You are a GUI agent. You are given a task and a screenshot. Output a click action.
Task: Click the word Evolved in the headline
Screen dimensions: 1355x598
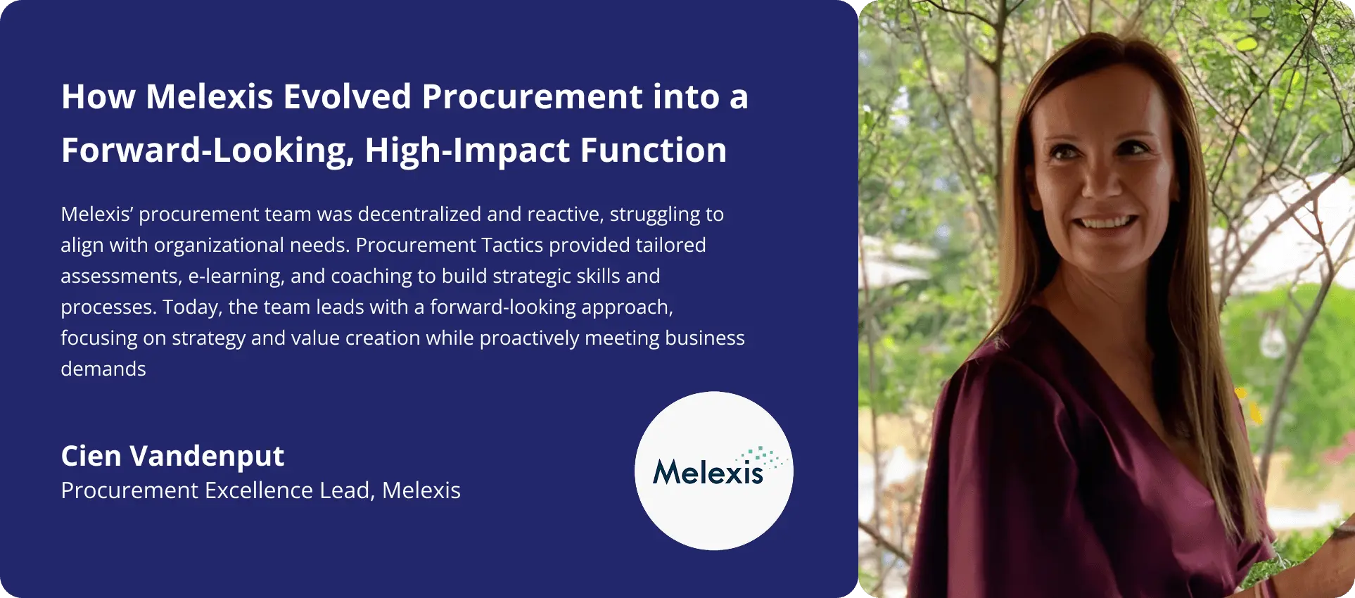click(347, 96)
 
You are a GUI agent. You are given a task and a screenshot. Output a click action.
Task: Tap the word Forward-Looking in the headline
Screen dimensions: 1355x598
click(208, 151)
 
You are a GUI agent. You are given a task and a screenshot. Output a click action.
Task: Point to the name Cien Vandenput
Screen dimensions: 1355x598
click(172, 457)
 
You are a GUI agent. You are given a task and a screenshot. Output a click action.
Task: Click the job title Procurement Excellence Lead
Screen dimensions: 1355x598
click(215, 490)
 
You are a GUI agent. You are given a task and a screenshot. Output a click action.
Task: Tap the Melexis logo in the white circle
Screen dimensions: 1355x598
click(714, 470)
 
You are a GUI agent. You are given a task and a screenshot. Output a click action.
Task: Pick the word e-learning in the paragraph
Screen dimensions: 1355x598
click(236, 276)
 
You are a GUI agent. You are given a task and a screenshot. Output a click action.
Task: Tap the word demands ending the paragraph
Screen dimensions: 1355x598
click(103, 369)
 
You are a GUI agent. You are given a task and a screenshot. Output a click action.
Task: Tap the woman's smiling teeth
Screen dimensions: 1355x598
click(1107, 223)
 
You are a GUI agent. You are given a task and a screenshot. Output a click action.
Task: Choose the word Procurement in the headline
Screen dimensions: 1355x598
click(532, 96)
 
